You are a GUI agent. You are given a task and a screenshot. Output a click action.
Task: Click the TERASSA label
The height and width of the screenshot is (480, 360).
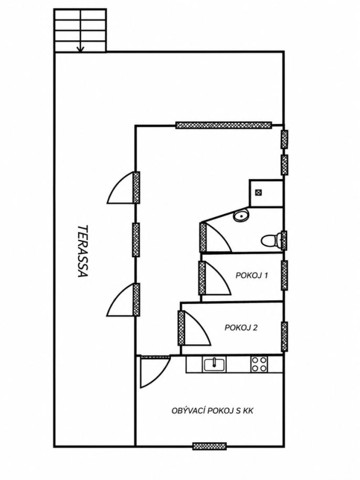82,251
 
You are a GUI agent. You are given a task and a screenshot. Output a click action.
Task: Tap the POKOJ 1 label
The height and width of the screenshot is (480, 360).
251,275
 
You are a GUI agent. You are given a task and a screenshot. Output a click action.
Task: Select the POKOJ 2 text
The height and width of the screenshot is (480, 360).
241,328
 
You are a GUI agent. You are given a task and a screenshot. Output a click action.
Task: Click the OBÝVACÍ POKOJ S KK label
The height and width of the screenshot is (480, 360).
212,411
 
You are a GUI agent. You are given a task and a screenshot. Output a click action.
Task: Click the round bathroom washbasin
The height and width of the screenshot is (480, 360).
241,216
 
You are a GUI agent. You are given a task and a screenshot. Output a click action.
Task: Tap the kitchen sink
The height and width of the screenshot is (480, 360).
214,364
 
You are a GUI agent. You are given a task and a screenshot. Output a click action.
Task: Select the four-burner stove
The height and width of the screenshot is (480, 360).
259,364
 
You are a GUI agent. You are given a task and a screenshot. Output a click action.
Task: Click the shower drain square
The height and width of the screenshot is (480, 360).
259,192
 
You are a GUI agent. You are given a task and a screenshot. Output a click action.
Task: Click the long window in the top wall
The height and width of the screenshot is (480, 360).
224,125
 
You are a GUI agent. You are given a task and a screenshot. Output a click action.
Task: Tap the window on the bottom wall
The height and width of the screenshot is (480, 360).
209,446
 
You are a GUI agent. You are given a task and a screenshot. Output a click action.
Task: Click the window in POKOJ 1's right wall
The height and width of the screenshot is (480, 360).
284,275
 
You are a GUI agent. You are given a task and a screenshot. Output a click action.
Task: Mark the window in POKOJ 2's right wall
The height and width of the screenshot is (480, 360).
284,337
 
